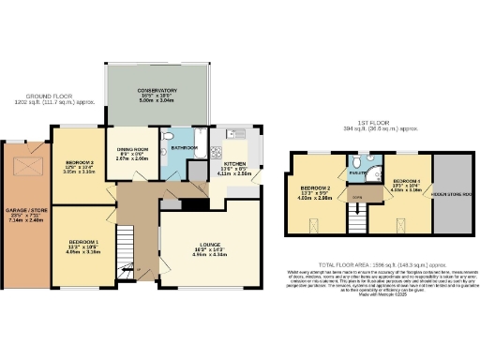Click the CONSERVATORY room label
[x=155, y=90]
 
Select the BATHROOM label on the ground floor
[x=184, y=147]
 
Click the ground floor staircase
[x=127, y=251]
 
